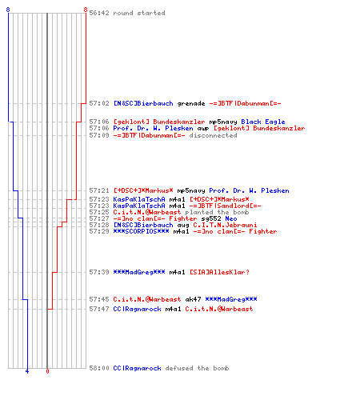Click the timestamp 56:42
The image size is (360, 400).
99,13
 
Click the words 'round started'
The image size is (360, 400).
139,13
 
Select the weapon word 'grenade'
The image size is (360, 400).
191,103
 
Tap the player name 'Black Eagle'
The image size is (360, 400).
263,122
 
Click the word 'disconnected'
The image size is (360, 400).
213,135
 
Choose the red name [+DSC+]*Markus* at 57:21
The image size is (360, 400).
143,190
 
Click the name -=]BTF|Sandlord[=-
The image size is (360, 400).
225,206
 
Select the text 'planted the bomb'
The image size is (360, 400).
217,212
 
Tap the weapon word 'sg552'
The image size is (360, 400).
211,218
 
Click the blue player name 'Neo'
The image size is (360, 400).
231,218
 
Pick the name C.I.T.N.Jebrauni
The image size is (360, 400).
225,225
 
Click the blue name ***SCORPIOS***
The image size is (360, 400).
141,231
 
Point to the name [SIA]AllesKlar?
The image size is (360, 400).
219,272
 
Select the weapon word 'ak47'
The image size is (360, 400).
193,299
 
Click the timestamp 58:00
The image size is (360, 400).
99,368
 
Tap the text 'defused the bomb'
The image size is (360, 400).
197,368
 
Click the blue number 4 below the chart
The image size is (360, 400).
27,371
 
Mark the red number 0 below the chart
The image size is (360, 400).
47,371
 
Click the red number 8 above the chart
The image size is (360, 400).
86,10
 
